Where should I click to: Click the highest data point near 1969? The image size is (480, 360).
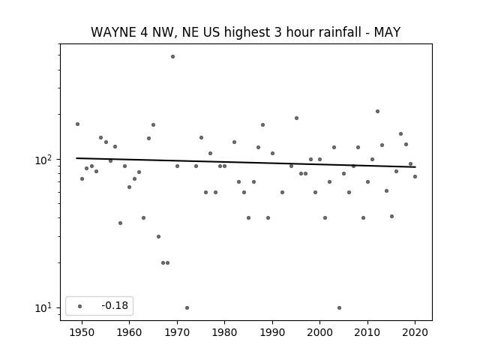point(172,57)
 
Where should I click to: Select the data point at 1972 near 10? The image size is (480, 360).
point(187,307)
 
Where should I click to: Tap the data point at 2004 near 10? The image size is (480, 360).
point(339,307)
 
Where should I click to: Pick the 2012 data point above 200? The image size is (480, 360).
point(377,112)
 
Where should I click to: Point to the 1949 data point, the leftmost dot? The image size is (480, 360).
point(77,124)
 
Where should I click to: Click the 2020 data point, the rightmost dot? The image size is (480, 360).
point(415,177)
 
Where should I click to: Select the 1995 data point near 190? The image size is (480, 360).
point(296,118)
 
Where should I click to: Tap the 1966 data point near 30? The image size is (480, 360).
point(158,237)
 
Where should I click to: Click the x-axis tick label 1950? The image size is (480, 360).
point(82,332)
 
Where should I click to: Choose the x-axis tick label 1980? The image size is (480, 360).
point(224,332)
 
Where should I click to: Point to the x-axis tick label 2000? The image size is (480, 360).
point(319,332)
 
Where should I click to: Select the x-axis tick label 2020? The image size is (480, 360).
point(415,332)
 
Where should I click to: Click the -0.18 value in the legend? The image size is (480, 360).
point(115,305)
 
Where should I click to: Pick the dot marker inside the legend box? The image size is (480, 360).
point(79,306)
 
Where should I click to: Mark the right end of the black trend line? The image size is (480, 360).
point(415,167)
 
